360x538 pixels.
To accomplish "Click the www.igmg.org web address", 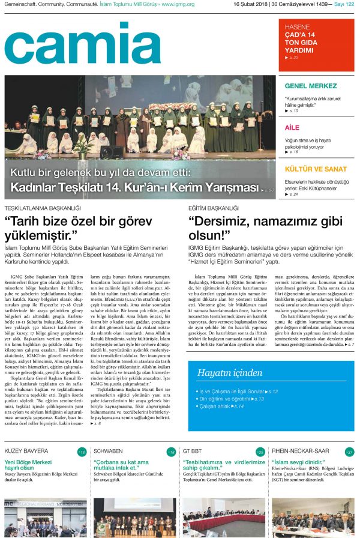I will click(x=177, y=4).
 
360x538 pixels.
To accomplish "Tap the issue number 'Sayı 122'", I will click(x=343, y=4).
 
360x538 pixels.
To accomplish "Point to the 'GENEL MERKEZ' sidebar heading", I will click(x=310, y=86).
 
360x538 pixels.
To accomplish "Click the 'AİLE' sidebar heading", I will click(x=292, y=128).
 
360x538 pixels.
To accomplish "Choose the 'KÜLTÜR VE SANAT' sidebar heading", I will click(x=316, y=169).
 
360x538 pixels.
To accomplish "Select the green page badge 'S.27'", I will click(x=349, y=452).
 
